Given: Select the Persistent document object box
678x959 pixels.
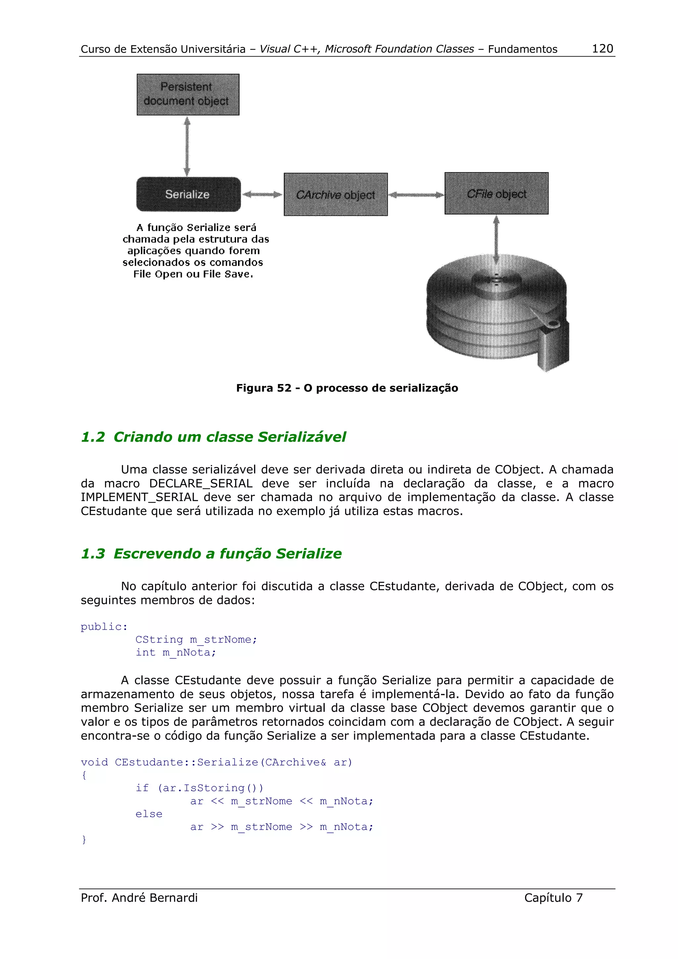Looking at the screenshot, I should pos(188,94).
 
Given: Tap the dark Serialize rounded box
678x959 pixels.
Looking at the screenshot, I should pos(188,194).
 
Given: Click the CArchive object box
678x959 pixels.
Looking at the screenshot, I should pos(335,194).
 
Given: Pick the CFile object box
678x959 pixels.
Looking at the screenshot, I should pos(496,193).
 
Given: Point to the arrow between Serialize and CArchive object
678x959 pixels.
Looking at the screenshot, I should pos(262,194).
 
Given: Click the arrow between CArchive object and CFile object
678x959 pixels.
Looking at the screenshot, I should pos(416,195).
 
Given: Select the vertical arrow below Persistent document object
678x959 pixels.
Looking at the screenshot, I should pos(187,146).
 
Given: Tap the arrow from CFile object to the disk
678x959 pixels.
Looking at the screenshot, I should pos(496,239).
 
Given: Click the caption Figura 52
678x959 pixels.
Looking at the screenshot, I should pos(347,388).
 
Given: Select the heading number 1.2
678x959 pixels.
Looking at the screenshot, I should pos(93,437).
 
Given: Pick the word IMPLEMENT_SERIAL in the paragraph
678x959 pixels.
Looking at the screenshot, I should pos(139,497).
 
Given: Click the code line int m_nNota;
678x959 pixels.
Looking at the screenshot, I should pos(175,653).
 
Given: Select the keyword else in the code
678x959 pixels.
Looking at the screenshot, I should pos(149,814).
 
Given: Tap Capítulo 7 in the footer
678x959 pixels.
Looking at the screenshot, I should pos(553,897).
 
